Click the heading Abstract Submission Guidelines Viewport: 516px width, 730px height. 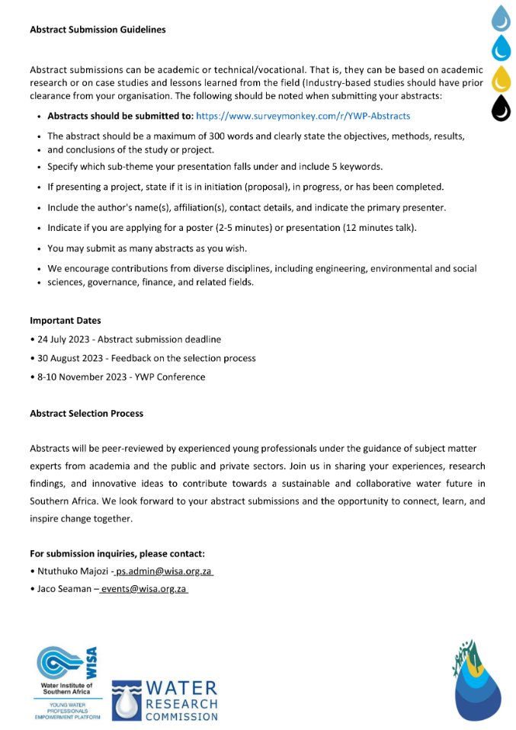click(x=98, y=30)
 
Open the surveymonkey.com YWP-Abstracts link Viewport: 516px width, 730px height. click(x=303, y=116)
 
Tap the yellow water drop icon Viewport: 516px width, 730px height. click(x=501, y=78)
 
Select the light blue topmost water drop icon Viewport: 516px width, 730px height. click(x=501, y=17)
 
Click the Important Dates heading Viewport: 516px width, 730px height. click(x=66, y=320)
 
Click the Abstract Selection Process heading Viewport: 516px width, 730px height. click(x=87, y=414)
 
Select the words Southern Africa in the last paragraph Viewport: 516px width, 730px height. click(x=60, y=501)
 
